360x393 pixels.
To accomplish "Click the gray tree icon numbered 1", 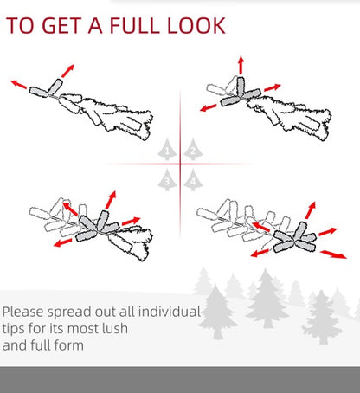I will tap(167, 151).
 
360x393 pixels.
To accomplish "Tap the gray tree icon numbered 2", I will tap(193, 151).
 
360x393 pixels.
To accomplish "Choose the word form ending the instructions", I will tap(62, 346).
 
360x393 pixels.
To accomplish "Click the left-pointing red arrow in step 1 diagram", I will tap(18, 84).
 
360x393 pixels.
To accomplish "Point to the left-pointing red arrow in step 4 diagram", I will tap(257, 252).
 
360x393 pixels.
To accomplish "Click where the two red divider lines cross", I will tap(180, 164).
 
